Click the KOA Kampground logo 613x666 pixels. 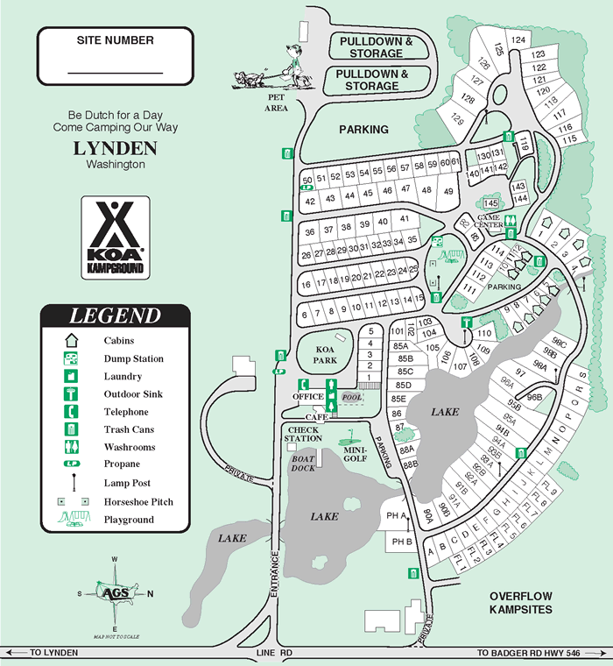(x=115, y=237)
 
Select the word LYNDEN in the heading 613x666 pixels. (x=115, y=148)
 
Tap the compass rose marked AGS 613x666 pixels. (x=115, y=593)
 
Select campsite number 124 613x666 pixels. (x=518, y=40)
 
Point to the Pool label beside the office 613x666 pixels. (x=352, y=397)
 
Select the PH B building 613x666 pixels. (x=402, y=542)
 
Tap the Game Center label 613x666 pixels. (x=490, y=220)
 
